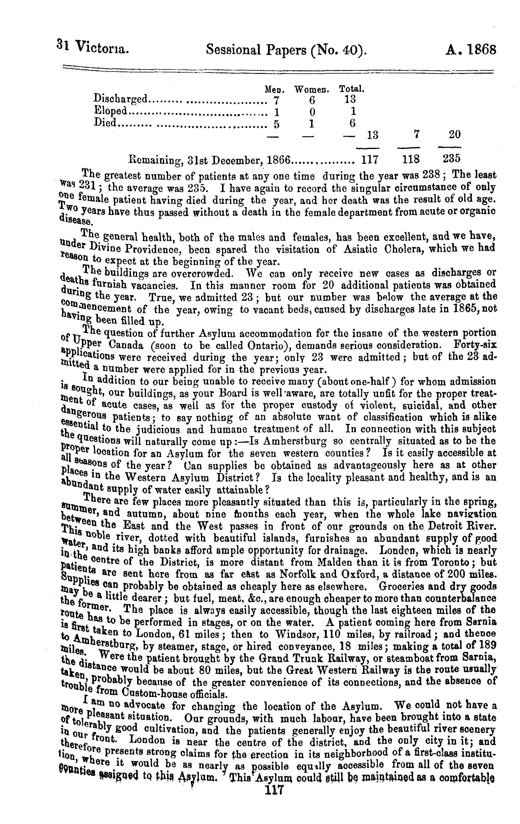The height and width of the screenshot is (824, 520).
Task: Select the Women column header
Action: [312, 90]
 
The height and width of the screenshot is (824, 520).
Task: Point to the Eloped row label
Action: [110, 110]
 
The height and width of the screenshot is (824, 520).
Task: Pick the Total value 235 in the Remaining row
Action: [451, 159]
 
